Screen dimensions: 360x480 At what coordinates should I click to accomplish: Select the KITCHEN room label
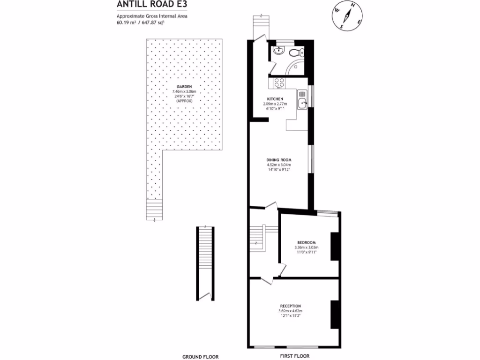coord(275,99)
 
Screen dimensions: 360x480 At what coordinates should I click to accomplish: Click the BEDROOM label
coord(307,242)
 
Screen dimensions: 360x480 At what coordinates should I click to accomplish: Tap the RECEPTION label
coord(291,306)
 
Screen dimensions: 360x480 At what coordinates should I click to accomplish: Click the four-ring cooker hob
coord(279,82)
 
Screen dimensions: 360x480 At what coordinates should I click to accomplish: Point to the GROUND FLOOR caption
coord(200,357)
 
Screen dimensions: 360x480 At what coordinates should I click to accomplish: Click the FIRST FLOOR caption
coord(293,356)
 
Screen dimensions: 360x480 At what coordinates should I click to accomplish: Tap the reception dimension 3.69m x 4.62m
coord(291,311)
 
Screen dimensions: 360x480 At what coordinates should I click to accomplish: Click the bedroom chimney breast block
coord(335,246)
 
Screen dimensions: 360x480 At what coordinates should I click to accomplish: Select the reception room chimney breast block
coord(335,314)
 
